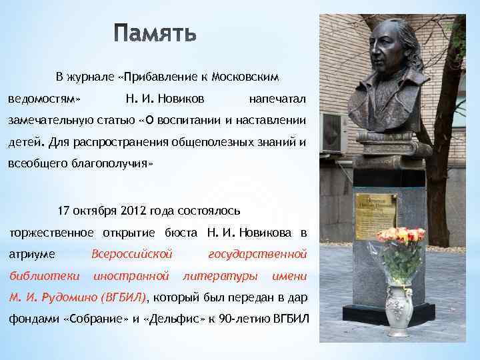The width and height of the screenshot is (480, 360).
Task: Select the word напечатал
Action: tap(277, 99)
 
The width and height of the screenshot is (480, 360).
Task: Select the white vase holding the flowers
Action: tap(399, 309)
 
